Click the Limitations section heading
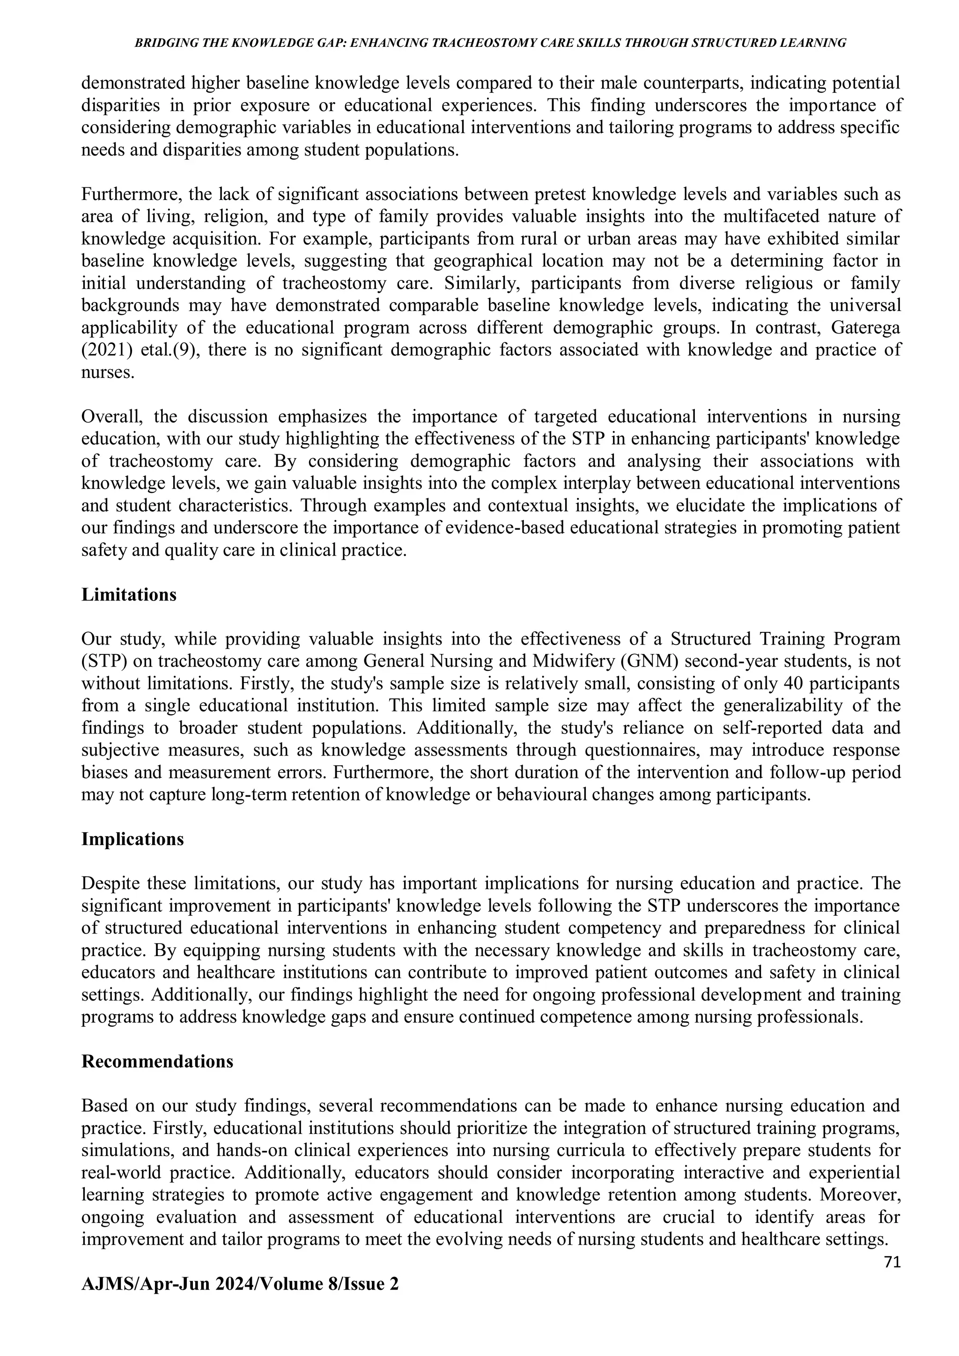click(x=129, y=595)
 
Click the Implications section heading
click(x=132, y=839)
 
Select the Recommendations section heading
click(x=157, y=1061)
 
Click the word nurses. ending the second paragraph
click(x=108, y=373)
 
